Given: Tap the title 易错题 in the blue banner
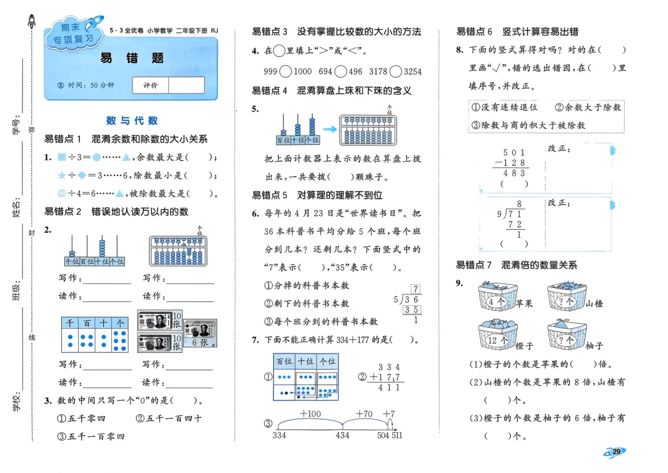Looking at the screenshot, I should pos(132,58).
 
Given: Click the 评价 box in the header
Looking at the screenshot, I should pos(150,85).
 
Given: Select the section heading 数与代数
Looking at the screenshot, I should pos(132,120).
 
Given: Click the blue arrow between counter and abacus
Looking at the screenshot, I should pos(329,129).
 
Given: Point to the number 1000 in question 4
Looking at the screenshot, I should pos(302,71).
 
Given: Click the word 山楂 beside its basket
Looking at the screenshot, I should pos(594,303).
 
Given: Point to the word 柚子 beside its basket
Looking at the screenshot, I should pos(594,345).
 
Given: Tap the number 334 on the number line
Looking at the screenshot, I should pos(280,436).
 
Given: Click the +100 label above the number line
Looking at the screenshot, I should pos(309,414).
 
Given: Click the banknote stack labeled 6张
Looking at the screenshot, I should pos(199,334).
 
